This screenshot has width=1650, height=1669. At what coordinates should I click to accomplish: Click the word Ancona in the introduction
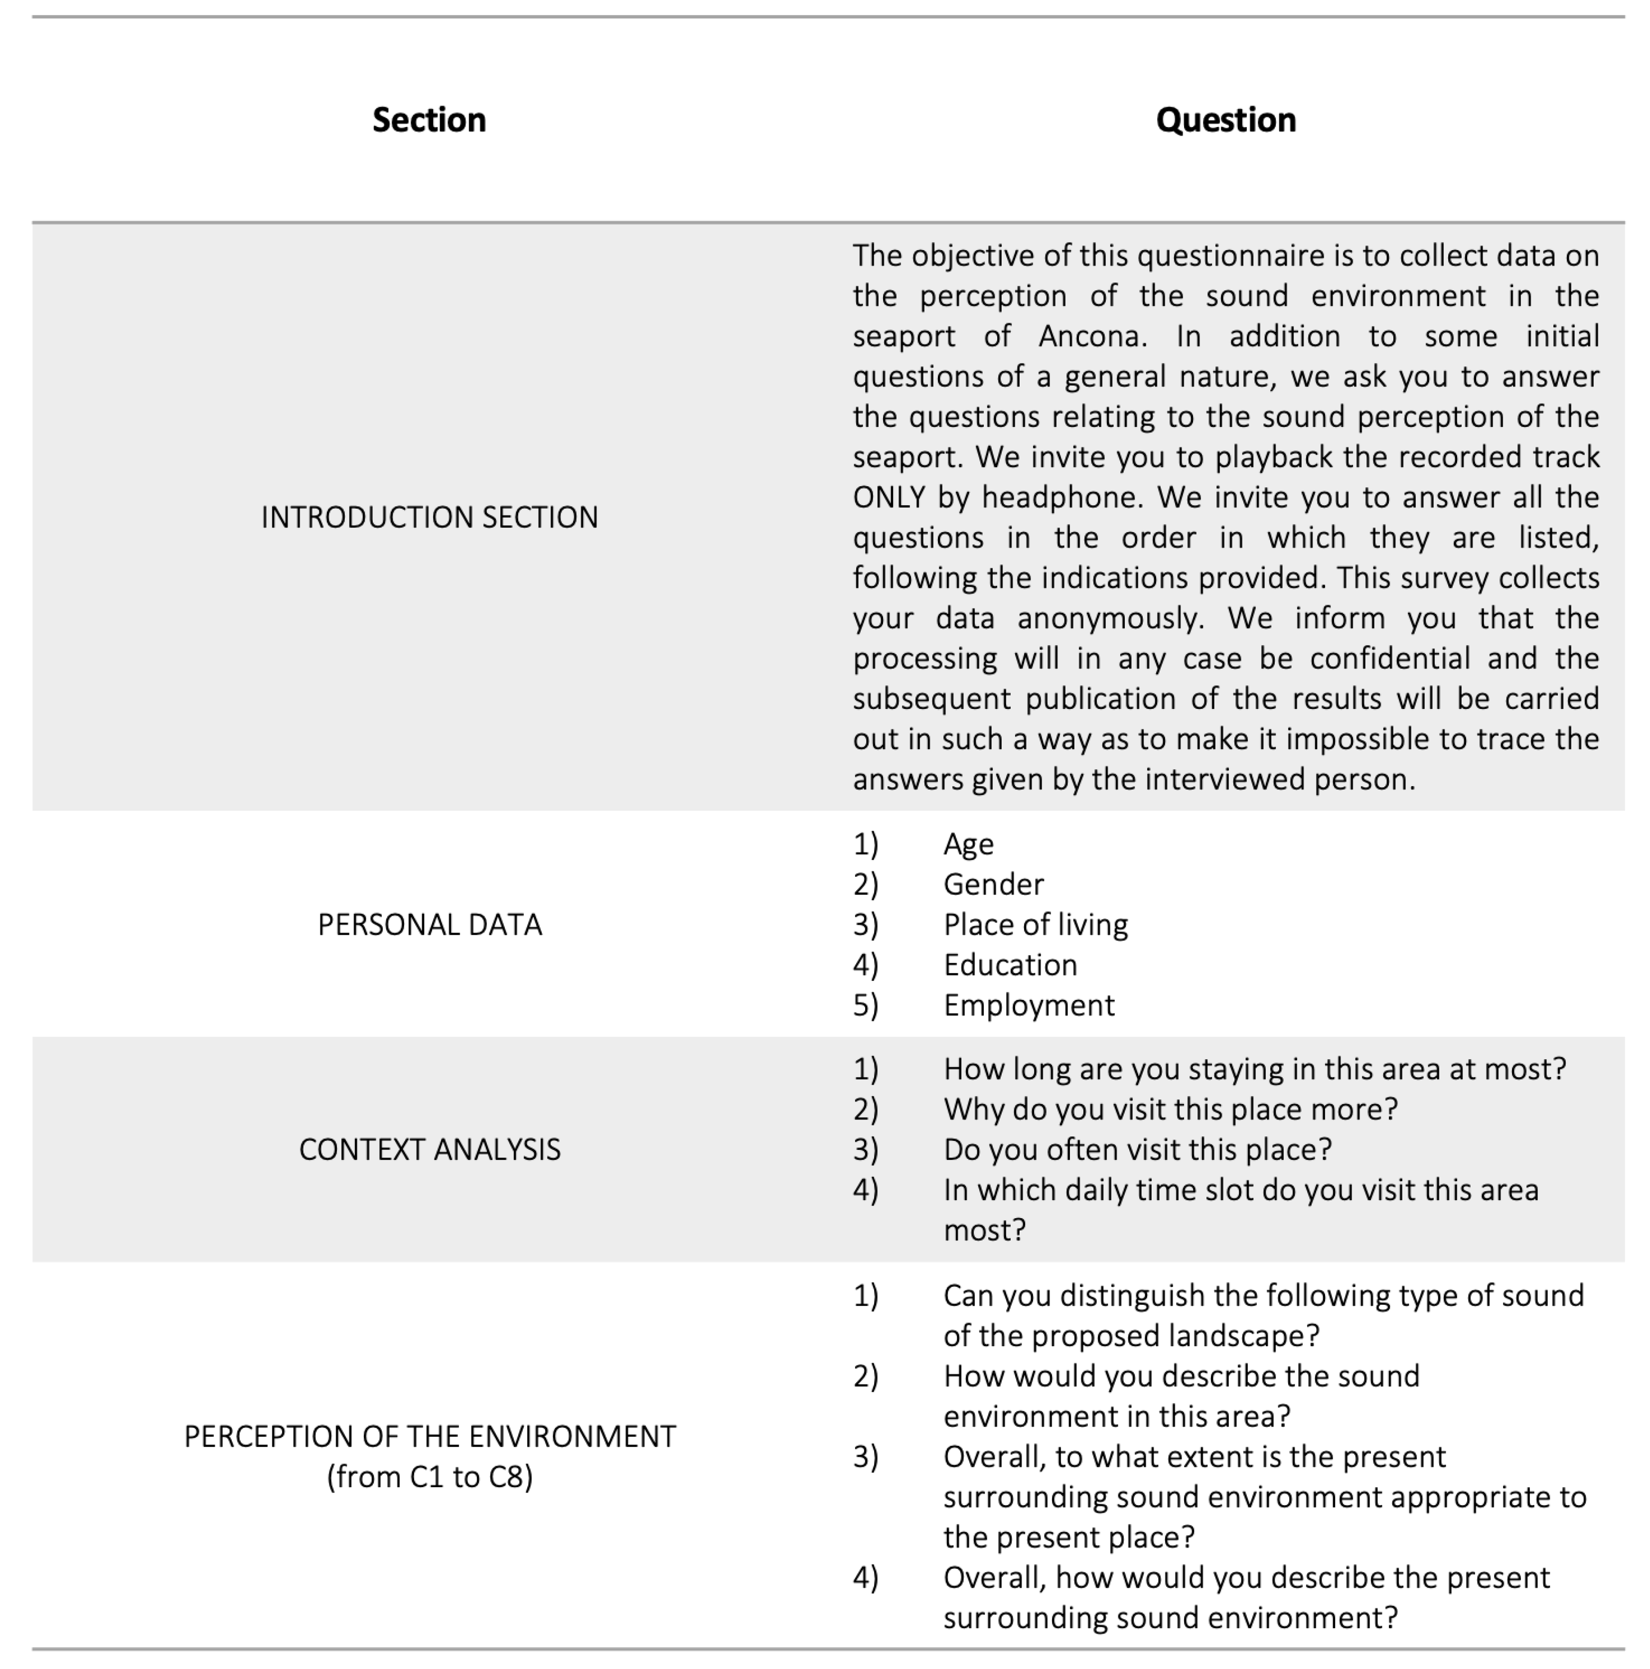tap(1092, 336)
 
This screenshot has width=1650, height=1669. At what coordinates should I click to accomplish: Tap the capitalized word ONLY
tap(889, 498)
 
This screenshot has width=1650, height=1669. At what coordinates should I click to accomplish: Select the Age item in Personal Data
tap(968, 844)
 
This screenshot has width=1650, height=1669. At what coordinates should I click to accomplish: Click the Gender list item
tap(994, 885)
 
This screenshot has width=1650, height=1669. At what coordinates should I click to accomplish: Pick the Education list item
tap(1010, 965)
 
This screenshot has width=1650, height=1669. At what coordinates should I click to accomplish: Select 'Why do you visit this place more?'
tap(1170, 1109)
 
